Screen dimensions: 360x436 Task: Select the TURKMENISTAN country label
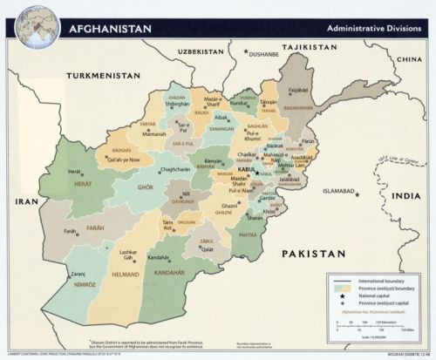[107, 75]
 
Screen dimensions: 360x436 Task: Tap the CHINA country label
[408, 59]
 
